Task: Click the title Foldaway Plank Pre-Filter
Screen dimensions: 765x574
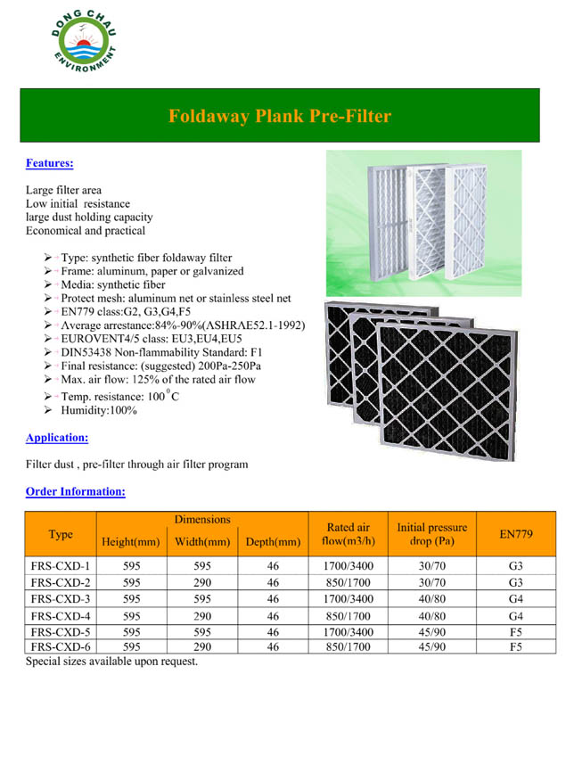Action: (x=280, y=116)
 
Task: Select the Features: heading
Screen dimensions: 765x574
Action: (x=49, y=163)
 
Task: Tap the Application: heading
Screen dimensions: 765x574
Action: (x=57, y=438)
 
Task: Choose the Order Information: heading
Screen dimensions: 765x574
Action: (x=75, y=491)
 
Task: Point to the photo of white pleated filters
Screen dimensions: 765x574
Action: (x=410, y=223)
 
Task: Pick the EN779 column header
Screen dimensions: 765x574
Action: (x=516, y=534)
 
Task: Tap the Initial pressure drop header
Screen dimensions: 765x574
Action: (x=431, y=534)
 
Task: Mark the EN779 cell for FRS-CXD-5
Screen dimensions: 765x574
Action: (x=516, y=631)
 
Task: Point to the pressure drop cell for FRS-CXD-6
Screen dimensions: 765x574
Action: (x=431, y=647)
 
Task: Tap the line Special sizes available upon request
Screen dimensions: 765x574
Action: (x=111, y=662)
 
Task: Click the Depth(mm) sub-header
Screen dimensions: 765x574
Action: (x=272, y=541)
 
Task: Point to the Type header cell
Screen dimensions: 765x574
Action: (x=61, y=534)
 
